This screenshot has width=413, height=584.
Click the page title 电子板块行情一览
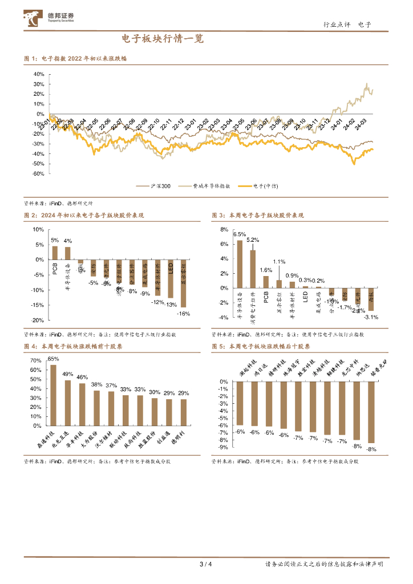pos(162,39)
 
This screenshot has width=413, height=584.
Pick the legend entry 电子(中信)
pos(265,186)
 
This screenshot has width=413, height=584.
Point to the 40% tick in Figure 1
pos(39,74)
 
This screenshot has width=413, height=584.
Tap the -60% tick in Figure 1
pos(38,173)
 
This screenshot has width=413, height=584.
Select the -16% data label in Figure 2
pos(183,314)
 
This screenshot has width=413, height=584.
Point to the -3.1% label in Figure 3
pos(371,317)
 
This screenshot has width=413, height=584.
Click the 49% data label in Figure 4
pos(68,374)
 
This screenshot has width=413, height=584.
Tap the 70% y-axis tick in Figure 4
pos(35,361)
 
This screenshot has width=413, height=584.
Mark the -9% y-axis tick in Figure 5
pos(225,448)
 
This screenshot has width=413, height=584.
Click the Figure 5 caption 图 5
pos(218,346)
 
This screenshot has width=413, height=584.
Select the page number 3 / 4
pos(206,565)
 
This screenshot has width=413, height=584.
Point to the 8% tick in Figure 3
pos(224,229)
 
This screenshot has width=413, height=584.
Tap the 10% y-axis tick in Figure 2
pos(38,229)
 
